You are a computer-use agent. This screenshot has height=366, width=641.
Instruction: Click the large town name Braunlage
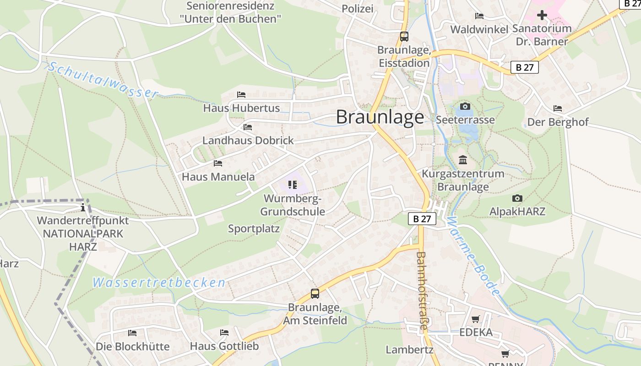tap(380, 117)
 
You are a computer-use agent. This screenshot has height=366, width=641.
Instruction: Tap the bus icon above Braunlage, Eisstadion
tap(404, 37)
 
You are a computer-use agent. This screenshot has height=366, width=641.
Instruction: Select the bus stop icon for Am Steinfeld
tap(315, 294)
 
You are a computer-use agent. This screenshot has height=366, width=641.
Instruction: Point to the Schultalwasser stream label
tap(103, 80)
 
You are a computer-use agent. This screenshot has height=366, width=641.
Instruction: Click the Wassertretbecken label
tap(159, 283)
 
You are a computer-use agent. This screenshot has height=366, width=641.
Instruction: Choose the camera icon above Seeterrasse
tap(465, 107)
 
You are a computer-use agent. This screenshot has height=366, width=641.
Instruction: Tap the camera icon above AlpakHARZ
tap(517, 198)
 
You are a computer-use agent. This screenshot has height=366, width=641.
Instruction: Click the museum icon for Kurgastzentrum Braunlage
tap(463, 160)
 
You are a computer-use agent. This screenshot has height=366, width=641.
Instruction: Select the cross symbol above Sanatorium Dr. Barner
tap(542, 15)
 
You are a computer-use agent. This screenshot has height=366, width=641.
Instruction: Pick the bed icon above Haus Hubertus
tap(241, 95)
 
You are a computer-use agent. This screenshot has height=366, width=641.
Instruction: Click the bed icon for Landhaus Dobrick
tap(248, 127)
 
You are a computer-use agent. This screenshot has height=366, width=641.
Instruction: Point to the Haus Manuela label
tap(218, 177)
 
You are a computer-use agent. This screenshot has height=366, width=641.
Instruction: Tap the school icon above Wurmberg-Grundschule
tap(293, 185)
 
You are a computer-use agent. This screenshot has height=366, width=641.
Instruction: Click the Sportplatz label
tap(254, 229)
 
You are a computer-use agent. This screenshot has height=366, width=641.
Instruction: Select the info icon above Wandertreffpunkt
tap(83, 208)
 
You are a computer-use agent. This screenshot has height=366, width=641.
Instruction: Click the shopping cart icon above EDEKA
tap(476, 319)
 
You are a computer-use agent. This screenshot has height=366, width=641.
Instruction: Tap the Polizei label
tap(358, 9)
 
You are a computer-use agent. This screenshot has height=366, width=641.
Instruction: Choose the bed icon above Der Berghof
tap(558, 108)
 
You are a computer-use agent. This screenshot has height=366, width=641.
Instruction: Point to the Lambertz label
tap(409, 350)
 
